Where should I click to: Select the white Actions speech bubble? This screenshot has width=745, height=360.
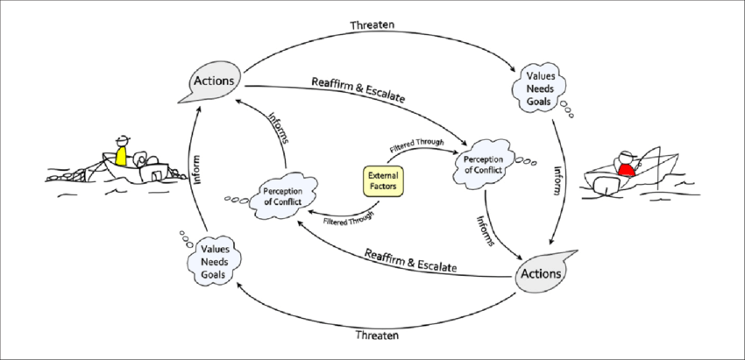pos(214,81)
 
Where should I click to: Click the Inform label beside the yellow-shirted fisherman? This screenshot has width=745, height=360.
pos(195,168)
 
